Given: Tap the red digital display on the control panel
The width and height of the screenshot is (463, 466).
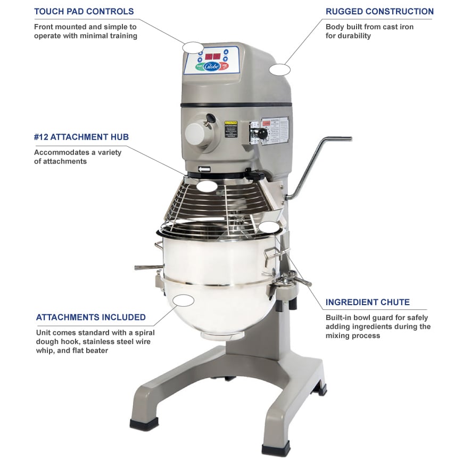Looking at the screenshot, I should coord(213,56).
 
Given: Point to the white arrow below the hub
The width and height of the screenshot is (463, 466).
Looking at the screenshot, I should coord(204,169).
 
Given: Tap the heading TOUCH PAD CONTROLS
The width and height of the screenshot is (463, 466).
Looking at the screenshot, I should coord(84,11).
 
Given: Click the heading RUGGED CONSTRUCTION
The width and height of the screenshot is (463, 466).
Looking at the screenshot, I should coord(379,11).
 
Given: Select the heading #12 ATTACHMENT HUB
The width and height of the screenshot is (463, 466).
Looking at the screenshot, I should coord(81,137).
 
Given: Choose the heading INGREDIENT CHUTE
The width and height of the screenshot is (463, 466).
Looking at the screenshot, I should coord(368,302).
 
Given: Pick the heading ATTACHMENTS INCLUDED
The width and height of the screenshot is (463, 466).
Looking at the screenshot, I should coord(91,317).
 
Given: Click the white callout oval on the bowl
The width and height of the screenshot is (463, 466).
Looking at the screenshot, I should coord(183,300).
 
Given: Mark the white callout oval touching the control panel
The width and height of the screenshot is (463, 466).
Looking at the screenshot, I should coord(193,47).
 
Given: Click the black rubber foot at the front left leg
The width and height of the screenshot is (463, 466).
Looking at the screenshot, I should coord(144,424).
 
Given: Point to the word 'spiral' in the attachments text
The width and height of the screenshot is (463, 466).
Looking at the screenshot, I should coord(143,332).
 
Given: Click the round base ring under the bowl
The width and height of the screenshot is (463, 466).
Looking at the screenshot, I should coord(217,335).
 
